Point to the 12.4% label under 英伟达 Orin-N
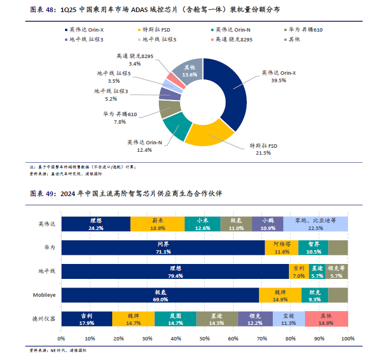144,150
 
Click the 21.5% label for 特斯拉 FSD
263,154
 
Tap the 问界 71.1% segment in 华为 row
163,247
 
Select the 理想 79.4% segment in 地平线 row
175,271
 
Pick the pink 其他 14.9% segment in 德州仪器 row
326,319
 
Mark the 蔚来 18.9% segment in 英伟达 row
158,224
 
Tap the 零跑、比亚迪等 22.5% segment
315,224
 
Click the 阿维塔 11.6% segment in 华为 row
281,247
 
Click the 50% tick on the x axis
205,339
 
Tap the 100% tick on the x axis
347,339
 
